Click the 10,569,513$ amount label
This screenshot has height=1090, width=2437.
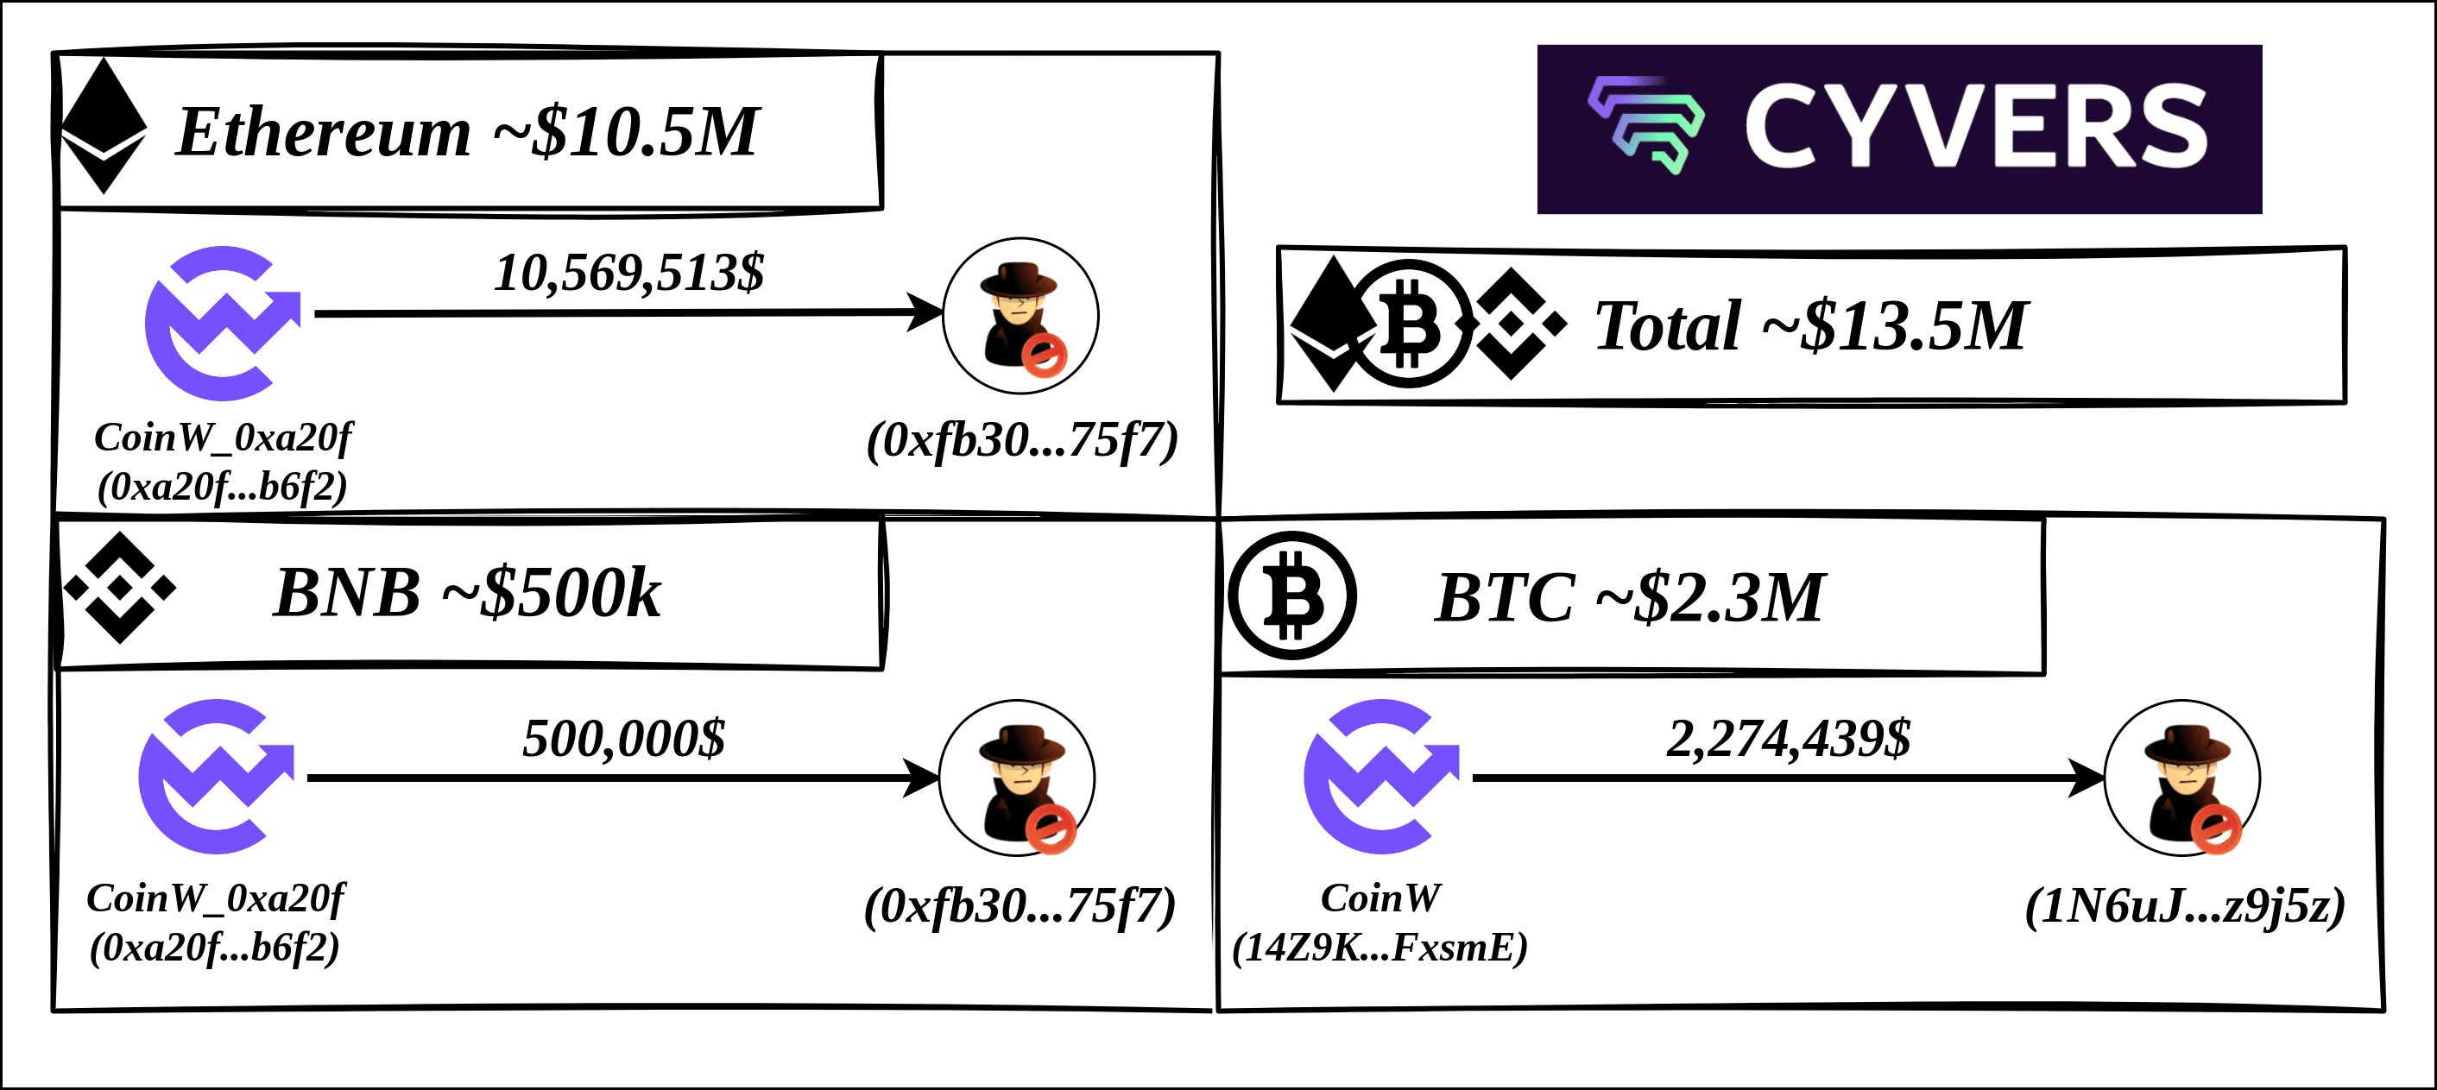(629, 274)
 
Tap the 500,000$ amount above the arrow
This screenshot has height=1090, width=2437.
(624, 739)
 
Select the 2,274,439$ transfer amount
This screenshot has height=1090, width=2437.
(1789, 739)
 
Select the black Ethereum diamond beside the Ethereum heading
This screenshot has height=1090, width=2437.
(103, 127)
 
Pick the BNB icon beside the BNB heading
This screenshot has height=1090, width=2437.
(119, 589)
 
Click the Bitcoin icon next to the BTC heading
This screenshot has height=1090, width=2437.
(1292, 596)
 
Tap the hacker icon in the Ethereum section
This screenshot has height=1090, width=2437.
(1020, 315)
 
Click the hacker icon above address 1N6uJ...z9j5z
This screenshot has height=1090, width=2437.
(2181, 778)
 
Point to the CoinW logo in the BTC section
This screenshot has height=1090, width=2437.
(1380, 777)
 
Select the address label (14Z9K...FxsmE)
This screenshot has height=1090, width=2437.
(1380, 947)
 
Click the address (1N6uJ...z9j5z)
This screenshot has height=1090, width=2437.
(2185, 906)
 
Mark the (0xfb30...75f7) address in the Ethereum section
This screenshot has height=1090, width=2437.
(1023, 441)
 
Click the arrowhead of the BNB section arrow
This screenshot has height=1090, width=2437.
(921, 778)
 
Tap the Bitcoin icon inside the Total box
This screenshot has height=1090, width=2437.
(1410, 324)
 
